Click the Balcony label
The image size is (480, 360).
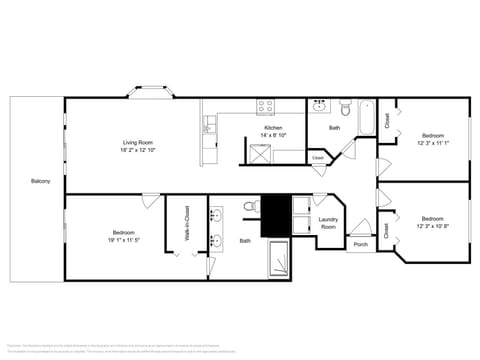tap(40, 181)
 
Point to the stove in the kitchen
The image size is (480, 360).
tap(267, 106)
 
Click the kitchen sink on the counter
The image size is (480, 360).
tap(209, 125)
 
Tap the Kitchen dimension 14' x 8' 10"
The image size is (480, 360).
tap(273, 135)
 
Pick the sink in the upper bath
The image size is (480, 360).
tap(319, 107)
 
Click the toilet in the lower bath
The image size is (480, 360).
tap(250, 209)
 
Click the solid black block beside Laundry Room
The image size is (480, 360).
tap(274, 215)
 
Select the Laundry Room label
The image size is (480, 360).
tap(328, 223)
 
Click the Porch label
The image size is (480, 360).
tap(360, 244)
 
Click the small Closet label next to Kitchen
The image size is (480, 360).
tap(317, 158)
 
